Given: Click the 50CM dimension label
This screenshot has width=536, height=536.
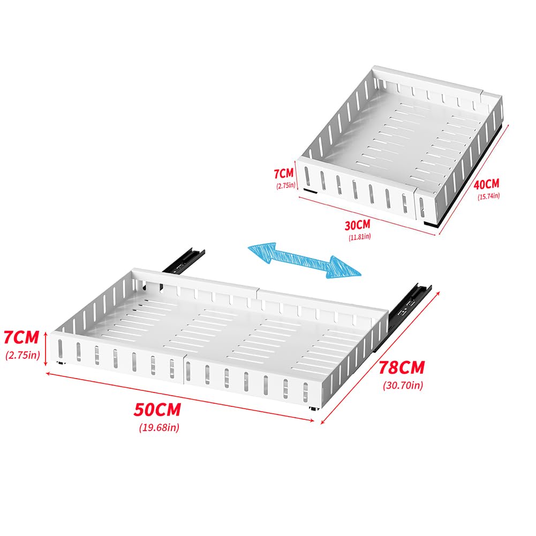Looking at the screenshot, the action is (x=157, y=410).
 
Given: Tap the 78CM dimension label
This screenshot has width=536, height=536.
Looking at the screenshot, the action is (x=402, y=367).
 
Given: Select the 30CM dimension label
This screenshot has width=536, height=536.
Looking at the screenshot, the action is (x=358, y=225).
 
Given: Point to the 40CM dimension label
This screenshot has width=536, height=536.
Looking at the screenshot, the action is (x=486, y=185).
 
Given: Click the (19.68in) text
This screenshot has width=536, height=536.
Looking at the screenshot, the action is (x=159, y=427).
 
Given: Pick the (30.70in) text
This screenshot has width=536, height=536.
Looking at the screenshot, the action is (x=403, y=385).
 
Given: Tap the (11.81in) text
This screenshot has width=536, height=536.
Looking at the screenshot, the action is (x=360, y=237).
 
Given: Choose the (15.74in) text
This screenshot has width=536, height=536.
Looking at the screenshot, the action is (x=488, y=196).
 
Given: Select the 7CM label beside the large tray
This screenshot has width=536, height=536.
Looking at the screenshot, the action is (x=21, y=337).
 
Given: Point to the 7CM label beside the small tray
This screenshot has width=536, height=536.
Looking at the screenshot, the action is (x=284, y=173).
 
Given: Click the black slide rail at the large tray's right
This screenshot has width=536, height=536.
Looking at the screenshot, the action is (x=403, y=317).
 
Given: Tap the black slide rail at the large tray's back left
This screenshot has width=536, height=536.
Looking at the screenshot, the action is (x=184, y=261).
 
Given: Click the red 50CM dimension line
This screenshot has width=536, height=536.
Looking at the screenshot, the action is (x=180, y=397).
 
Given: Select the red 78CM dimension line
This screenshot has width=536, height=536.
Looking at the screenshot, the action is (x=380, y=358).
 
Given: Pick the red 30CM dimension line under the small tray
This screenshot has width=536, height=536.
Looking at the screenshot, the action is (x=367, y=216).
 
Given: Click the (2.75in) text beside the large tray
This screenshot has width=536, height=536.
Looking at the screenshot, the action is (x=22, y=355).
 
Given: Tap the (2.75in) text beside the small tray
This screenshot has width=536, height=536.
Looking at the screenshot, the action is (x=286, y=186).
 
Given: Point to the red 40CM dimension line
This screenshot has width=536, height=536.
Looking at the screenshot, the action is (x=474, y=180).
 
